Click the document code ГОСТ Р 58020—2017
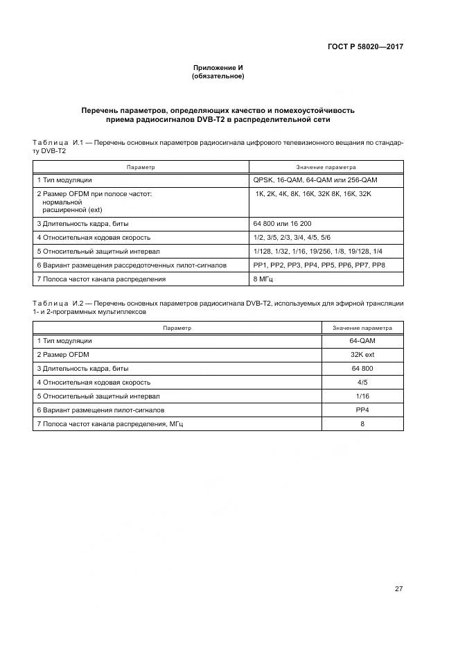coord(365,47)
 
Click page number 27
coord(398,570)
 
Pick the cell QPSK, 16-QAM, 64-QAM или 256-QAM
coord(315,179)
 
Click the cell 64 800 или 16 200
coord(283,224)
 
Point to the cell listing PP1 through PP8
coord(319,265)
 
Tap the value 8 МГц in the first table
coord(267,279)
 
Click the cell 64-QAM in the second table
coord(362,341)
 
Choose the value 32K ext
coord(362,355)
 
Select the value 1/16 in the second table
coord(362,396)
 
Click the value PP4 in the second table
coord(362,410)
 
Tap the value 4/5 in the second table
coord(362,382)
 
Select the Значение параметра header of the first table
coord(326,167)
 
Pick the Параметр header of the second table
coord(177,328)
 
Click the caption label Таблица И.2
coord(58,304)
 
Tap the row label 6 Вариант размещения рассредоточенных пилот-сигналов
coord(132,265)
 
